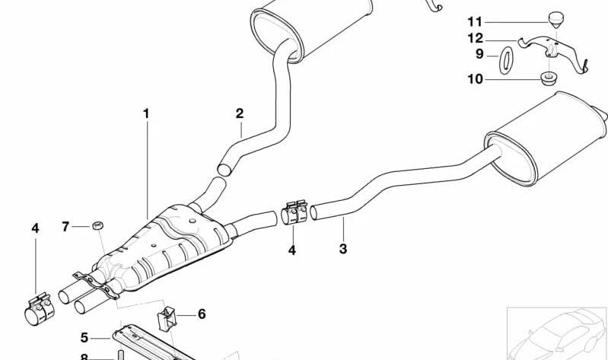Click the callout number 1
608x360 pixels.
pyautogui.click(x=146, y=113)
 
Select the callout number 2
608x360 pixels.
pyautogui.click(x=240, y=113)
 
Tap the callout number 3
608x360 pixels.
pyautogui.click(x=342, y=249)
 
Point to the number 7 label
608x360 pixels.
pyautogui.click(x=65, y=227)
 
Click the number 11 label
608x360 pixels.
pyautogui.click(x=475, y=22)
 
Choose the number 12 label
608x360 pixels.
pyautogui.click(x=476, y=38)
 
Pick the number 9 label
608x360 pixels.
pyautogui.click(x=479, y=54)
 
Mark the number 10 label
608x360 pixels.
pyautogui.click(x=475, y=79)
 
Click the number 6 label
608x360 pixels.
pyautogui.click(x=202, y=314)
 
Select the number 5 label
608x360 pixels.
pyautogui.click(x=84, y=337)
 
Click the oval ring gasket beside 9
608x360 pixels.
pyautogui.click(x=505, y=60)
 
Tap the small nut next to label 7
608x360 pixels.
pyautogui.click(x=98, y=225)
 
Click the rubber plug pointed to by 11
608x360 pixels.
pyautogui.click(x=555, y=20)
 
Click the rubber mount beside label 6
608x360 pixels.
pyautogui.click(x=167, y=318)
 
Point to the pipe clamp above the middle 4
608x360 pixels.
pyautogui.click(x=294, y=212)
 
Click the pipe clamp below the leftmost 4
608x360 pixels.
pyautogui.click(x=39, y=309)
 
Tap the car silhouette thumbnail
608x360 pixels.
pyautogui.click(x=557, y=334)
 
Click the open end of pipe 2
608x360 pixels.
pyautogui.click(x=224, y=170)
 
